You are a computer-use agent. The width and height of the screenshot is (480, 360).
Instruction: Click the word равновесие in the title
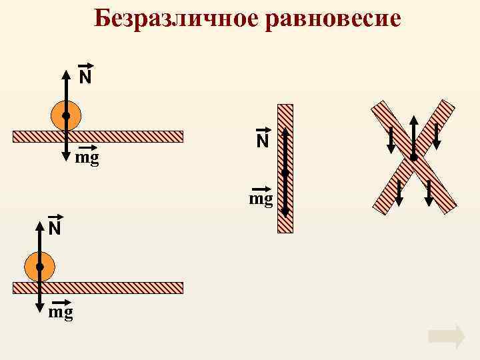tap(333, 19)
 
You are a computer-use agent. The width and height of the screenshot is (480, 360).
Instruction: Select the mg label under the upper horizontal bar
tap(87, 159)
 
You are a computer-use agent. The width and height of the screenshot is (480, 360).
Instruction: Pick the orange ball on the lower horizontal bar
tap(39, 267)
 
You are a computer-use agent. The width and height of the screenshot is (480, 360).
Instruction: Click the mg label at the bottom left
tap(61, 311)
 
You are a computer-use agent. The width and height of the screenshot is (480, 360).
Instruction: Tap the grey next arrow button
tap(447, 337)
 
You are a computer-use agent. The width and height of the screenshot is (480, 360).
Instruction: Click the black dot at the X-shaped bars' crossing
tap(413, 157)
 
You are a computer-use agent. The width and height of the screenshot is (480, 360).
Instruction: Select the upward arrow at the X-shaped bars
tap(413, 133)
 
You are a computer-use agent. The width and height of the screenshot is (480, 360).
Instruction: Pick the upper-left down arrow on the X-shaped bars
tap(391, 139)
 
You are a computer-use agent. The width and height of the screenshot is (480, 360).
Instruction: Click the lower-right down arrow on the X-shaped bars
tap(429, 191)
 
